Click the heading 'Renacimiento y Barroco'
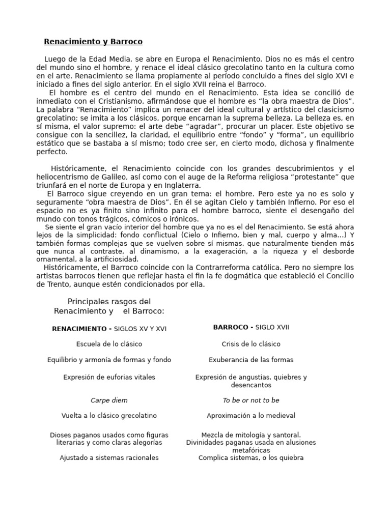(93, 41)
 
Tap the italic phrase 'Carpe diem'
(109, 400)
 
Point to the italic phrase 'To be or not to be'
(251, 400)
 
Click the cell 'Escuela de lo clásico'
(109, 344)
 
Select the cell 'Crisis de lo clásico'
(251, 344)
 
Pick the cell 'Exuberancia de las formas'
(251, 360)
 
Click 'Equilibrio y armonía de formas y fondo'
(109, 360)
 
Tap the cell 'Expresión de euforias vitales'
(109, 377)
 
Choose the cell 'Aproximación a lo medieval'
(251, 416)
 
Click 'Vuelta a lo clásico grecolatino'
(109, 416)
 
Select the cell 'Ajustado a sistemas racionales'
(109, 457)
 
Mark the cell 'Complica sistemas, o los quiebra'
(251, 457)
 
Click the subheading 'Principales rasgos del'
(109, 302)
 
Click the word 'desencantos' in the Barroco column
(251, 385)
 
